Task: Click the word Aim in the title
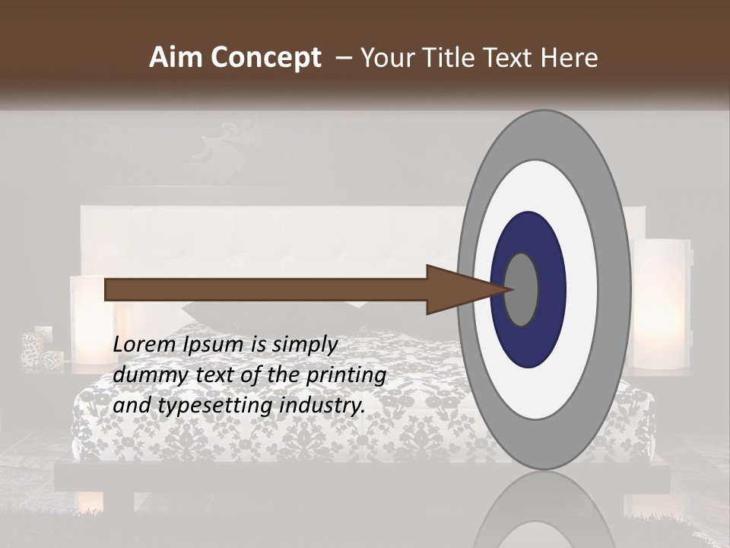176,58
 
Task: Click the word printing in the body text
346,376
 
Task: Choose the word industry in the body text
320,406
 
